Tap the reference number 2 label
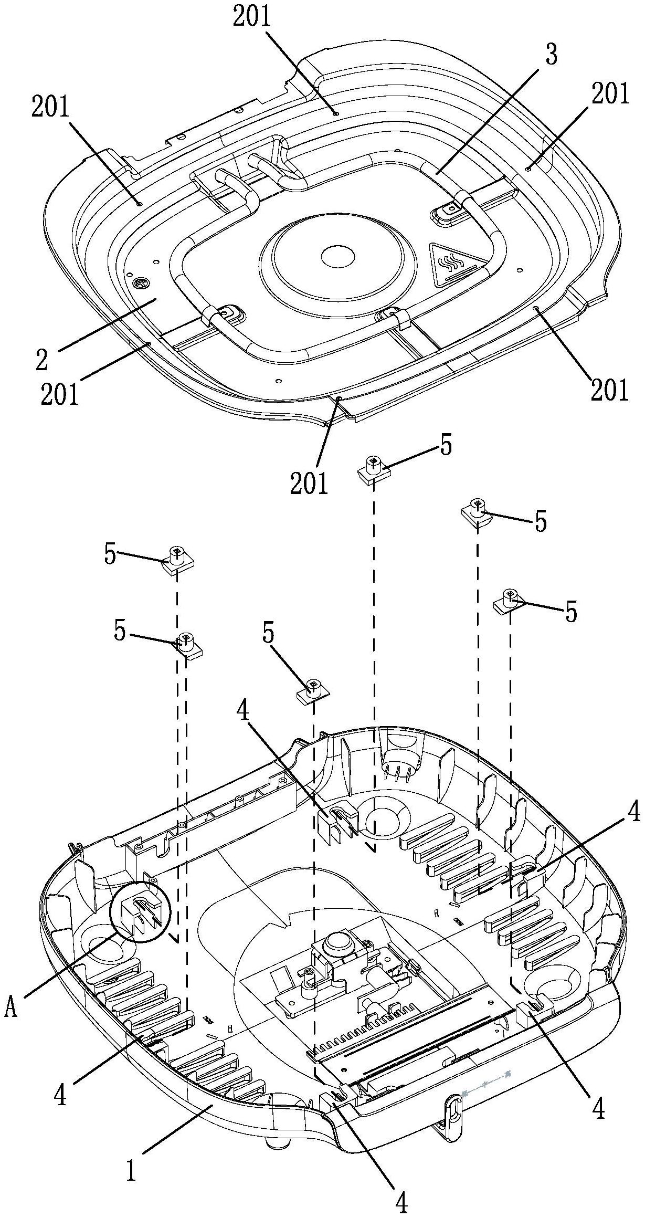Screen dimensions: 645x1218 41,358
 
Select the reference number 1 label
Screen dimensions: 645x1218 132,1168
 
